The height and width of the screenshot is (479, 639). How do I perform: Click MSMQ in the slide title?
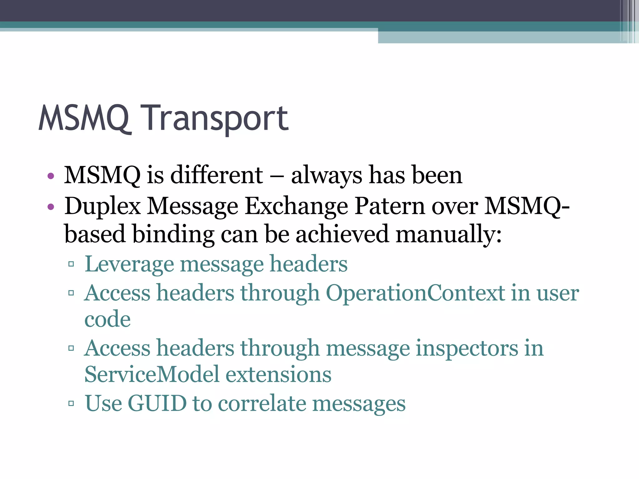pyautogui.click(x=84, y=119)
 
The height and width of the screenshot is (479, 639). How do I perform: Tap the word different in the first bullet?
pyautogui.click(x=217, y=175)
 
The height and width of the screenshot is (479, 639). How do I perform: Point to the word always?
pyautogui.click(x=326, y=175)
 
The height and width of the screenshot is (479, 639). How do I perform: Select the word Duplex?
pyautogui.click(x=103, y=206)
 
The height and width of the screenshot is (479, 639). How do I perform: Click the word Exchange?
pyautogui.click(x=296, y=206)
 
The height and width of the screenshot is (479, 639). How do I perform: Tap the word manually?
pyautogui.click(x=449, y=234)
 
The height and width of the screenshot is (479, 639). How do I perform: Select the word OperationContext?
pyautogui.click(x=415, y=293)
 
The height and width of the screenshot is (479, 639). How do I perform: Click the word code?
pyautogui.click(x=108, y=319)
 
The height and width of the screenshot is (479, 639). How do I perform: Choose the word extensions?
pyautogui.click(x=278, y=374)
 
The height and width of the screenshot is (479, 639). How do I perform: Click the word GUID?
pyautogui.click(x=157, y=403)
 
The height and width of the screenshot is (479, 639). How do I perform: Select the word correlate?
pyautogui.click(x=262, y=403)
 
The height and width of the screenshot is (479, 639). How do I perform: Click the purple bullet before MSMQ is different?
pyautogui.click(x=51, y=176)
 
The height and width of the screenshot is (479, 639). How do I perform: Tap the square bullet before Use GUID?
pyautogui.click(x=71, y=404)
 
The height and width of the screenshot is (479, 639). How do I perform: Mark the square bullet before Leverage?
pyautogui.click(x=71, y=264)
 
